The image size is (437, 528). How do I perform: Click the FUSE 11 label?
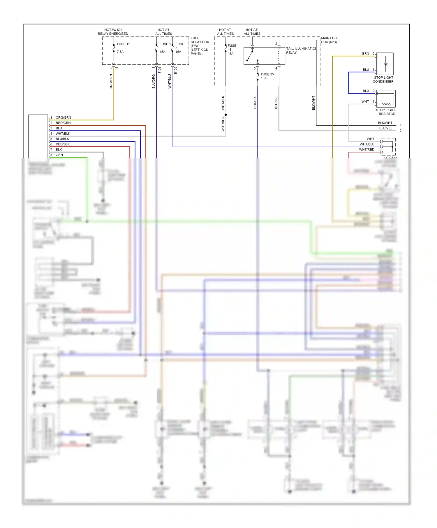click(x=123, y=44)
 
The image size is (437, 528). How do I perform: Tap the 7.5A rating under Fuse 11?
click(x=120, y=52)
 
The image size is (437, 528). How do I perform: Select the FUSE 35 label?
click(x=267, y=74)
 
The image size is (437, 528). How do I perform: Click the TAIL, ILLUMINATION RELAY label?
click(x=301, y=51)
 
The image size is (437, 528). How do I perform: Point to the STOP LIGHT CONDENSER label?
click(x=383, y=80)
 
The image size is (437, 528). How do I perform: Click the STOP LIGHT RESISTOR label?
click(x=385, y=112)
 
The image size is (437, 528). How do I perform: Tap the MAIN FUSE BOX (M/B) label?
click(x=330, y=40)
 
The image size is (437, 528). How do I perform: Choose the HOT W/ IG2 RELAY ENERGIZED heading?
click(x=113, y=32)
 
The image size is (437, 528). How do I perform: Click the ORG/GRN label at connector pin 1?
click(x=63, y=117)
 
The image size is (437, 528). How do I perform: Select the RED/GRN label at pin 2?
click(x=63, y=123)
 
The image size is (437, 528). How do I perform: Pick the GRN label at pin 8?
click(x=59, y=155)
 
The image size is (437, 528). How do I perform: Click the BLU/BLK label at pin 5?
click(x=62, y=139)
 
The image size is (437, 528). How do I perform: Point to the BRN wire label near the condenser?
click(x=365, y=54)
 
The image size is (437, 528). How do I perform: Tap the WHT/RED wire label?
click(x=366, y=150)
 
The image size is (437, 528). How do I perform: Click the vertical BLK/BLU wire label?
click(x=255, y=102)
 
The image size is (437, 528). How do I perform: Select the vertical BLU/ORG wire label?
click(x=154, y=81)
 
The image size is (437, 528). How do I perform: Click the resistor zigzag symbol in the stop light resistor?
click(x=387, y=104)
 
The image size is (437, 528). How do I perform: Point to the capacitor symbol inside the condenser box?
click(x=386, y=64)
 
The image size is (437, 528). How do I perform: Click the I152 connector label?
click(x=159, y=70)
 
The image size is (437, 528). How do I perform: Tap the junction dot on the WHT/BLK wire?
click(x=226, y=115)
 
